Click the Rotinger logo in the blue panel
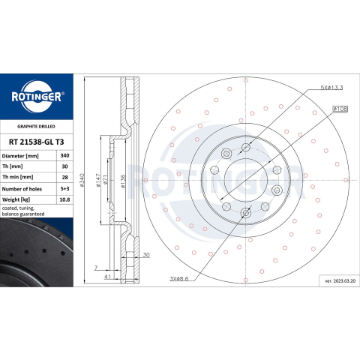tap(37, 97)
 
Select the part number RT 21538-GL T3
tap(37, 142)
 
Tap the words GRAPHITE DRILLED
tap(36, 127)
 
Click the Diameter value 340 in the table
tap(64, 156)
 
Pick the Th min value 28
tap(65, 177)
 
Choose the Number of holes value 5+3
tap(64, 189)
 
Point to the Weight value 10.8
tap(64, 199)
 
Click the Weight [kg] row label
tap(16, 199)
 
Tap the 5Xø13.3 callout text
tap(331, 88)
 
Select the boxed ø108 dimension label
tap(340, 109)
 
